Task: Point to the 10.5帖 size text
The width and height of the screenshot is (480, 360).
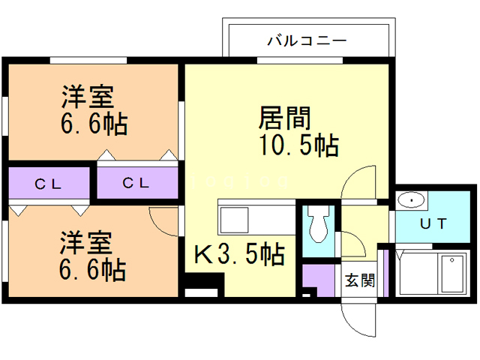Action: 298,145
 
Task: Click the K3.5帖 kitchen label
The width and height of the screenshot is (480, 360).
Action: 240,256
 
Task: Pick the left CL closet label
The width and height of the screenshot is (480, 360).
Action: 49,183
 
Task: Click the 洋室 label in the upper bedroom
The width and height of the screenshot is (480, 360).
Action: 87,97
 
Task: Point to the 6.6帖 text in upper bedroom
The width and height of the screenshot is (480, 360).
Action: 93,123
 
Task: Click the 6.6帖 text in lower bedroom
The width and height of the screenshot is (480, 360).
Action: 92,268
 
